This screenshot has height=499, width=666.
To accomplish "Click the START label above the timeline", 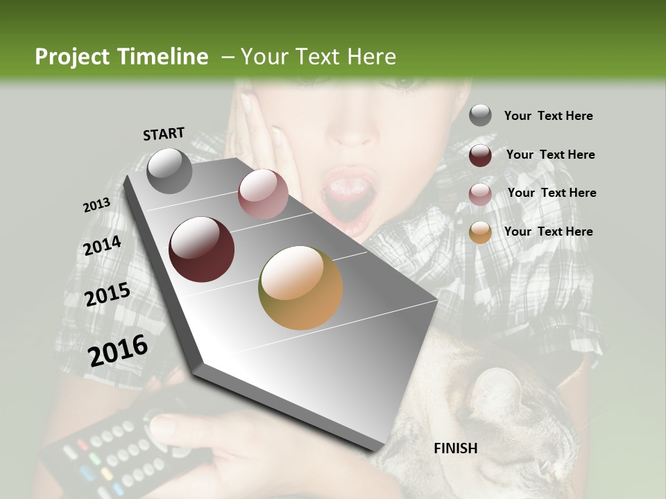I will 164,134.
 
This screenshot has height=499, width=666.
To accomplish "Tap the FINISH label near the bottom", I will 455,448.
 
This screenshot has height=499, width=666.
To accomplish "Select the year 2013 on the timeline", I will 96,205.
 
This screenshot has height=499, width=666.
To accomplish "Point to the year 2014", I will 102,246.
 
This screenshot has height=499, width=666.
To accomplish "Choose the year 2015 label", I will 108,295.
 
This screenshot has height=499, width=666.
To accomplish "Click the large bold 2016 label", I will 118,351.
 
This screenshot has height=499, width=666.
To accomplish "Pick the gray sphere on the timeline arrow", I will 170,170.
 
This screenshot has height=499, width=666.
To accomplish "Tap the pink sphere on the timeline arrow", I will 263,194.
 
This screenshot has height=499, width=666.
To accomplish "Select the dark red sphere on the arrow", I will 202,249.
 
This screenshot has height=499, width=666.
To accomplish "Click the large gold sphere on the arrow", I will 300,288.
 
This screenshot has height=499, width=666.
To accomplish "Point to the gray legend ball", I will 480,115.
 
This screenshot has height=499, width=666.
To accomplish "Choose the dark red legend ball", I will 480,155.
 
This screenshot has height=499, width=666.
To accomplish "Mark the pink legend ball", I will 480,193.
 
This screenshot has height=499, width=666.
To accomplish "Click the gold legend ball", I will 480,232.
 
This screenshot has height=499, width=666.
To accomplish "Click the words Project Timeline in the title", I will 121,57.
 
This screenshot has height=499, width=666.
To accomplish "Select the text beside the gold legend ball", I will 548,231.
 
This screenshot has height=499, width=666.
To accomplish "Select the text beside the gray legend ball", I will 548,116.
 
